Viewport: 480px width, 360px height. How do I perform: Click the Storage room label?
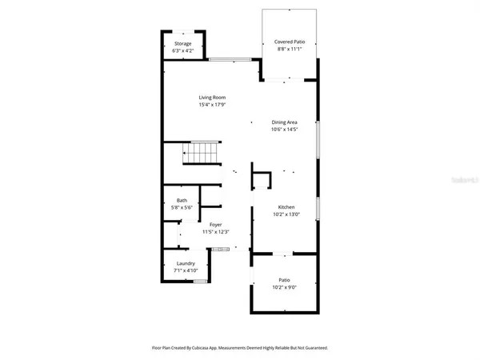click(183, 44)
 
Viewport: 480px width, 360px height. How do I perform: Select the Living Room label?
click(212, 98)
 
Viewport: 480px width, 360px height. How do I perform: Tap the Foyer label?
click(215, 225)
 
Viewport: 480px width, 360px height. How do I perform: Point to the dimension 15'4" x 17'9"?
click(212, 104)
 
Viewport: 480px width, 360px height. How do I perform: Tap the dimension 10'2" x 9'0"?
click(284, 286)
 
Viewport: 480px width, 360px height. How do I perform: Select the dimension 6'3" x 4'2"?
click(183, 50)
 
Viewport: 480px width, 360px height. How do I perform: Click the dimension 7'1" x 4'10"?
click(186, 270)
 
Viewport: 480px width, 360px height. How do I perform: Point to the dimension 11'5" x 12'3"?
click(215, 232)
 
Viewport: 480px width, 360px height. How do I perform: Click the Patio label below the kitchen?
click(284, 280)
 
